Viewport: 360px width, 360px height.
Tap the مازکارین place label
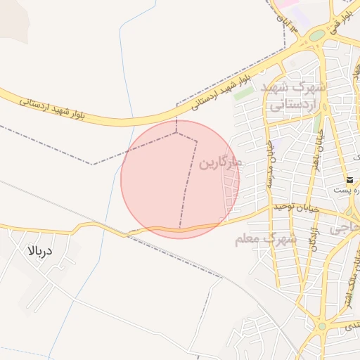(219, 163)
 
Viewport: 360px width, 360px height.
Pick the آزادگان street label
(314, 240)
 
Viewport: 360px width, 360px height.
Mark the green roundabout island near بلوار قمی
(318, 35)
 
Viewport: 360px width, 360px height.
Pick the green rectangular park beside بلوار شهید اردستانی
(244, 92)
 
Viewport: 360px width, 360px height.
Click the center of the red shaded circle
(180, 179)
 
